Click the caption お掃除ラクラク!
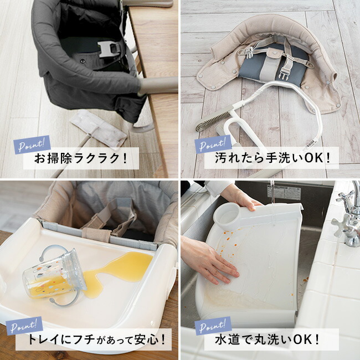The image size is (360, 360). [x=81, y=158]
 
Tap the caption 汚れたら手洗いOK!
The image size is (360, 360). [x=273, y=158]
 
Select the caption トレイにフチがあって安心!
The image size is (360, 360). [x=96, y=339]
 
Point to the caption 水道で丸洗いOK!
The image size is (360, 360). [x=267, y=340]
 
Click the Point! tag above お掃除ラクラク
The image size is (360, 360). [x=32, y=145]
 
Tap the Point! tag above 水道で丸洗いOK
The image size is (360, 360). [x=213, y=326]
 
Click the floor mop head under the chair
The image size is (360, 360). [x=99, y=128]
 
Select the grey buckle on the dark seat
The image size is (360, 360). [x=109, y=49]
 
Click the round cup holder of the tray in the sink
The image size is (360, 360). [x=227, y=217]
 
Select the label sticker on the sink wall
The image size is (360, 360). [x=284, y=192]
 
